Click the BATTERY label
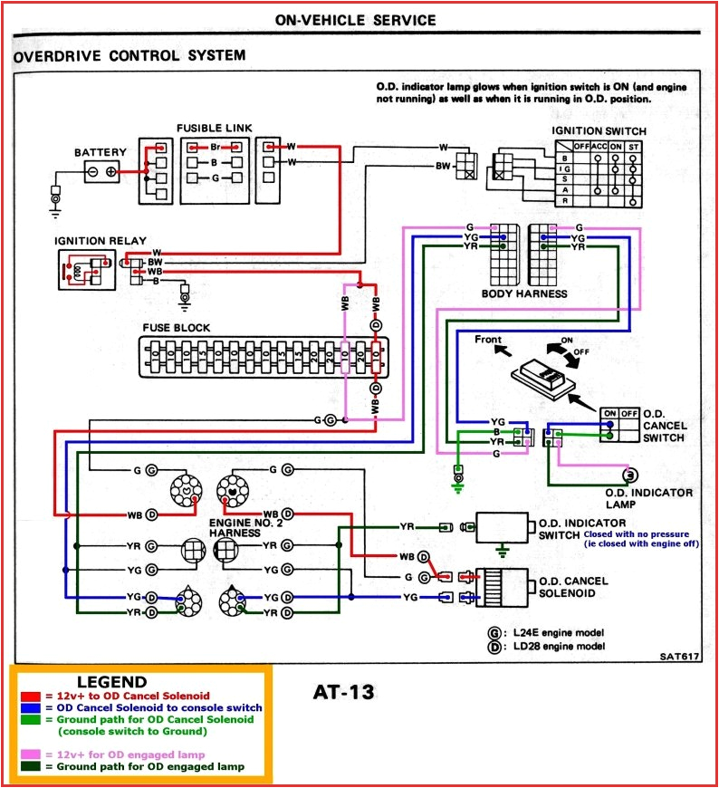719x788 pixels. point(101,152)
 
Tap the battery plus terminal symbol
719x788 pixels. point(111,171)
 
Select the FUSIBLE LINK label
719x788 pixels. point(215,129)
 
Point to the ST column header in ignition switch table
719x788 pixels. point(633,147)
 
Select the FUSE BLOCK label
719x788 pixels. point(176,327)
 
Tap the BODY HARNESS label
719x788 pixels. point(524,293)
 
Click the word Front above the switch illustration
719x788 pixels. point(489,340)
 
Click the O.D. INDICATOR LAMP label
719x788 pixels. point(648,498)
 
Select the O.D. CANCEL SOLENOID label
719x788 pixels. point(573,587)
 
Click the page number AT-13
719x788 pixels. point(343,692)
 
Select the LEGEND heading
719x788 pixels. point(111,682)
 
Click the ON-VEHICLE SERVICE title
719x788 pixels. point(355,20)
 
